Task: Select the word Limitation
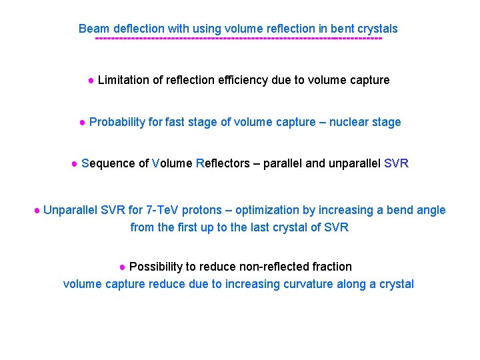[124, 80]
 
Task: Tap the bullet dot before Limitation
[91, 80]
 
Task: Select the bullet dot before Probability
[82, 122]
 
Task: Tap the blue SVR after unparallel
[397, 163]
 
